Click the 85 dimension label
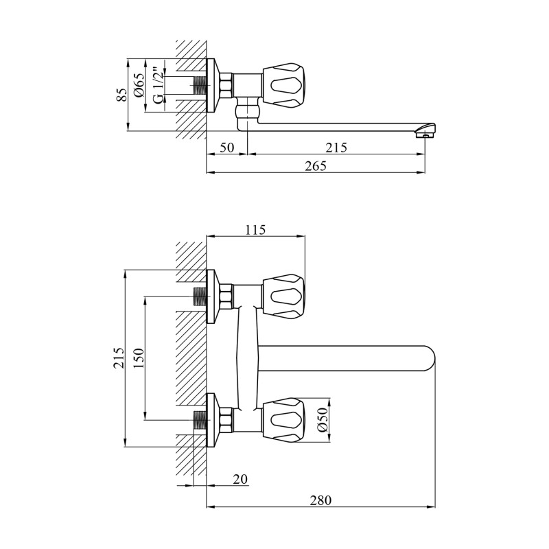point(121,95)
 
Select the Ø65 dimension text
point(139,85)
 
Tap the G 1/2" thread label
point(158,86)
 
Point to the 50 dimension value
point(227,147)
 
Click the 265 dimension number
point(316,165)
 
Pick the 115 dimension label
point(255,230)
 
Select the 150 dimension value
point(139,358)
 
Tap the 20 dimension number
point(240,478)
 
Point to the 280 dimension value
point(320,500)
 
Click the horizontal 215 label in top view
point(336,148)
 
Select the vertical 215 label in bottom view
point(119,358)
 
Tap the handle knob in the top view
point(283,85)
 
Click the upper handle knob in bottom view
point(283,296)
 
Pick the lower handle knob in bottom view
point(283,420)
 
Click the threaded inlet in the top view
point(200,85)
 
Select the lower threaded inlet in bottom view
point(200,420)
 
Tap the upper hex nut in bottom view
point(226,296)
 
